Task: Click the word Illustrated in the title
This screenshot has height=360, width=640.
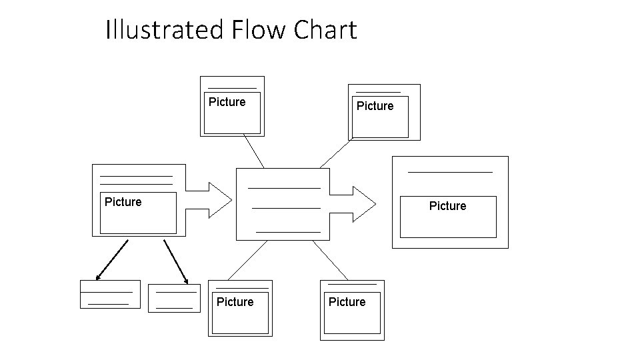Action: point(166,30)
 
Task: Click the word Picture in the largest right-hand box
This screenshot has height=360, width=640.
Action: point(447,206)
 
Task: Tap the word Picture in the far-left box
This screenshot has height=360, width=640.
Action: point(123,201)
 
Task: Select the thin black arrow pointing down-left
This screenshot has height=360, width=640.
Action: point(111,259)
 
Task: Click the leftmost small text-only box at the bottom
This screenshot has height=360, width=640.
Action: point(110,294)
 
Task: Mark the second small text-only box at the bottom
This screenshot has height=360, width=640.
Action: point(174,298)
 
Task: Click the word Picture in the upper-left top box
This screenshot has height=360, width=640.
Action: point(227,102)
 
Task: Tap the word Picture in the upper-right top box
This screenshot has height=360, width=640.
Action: point(375,106)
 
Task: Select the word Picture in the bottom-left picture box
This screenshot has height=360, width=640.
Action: point(235,302)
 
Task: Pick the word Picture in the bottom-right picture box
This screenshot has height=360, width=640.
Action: point(347,302)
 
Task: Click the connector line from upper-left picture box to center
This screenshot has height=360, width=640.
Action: point(253,151)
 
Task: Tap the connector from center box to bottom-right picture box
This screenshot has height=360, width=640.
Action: point(330,260)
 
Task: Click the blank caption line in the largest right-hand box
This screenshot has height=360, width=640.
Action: point(450,172)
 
